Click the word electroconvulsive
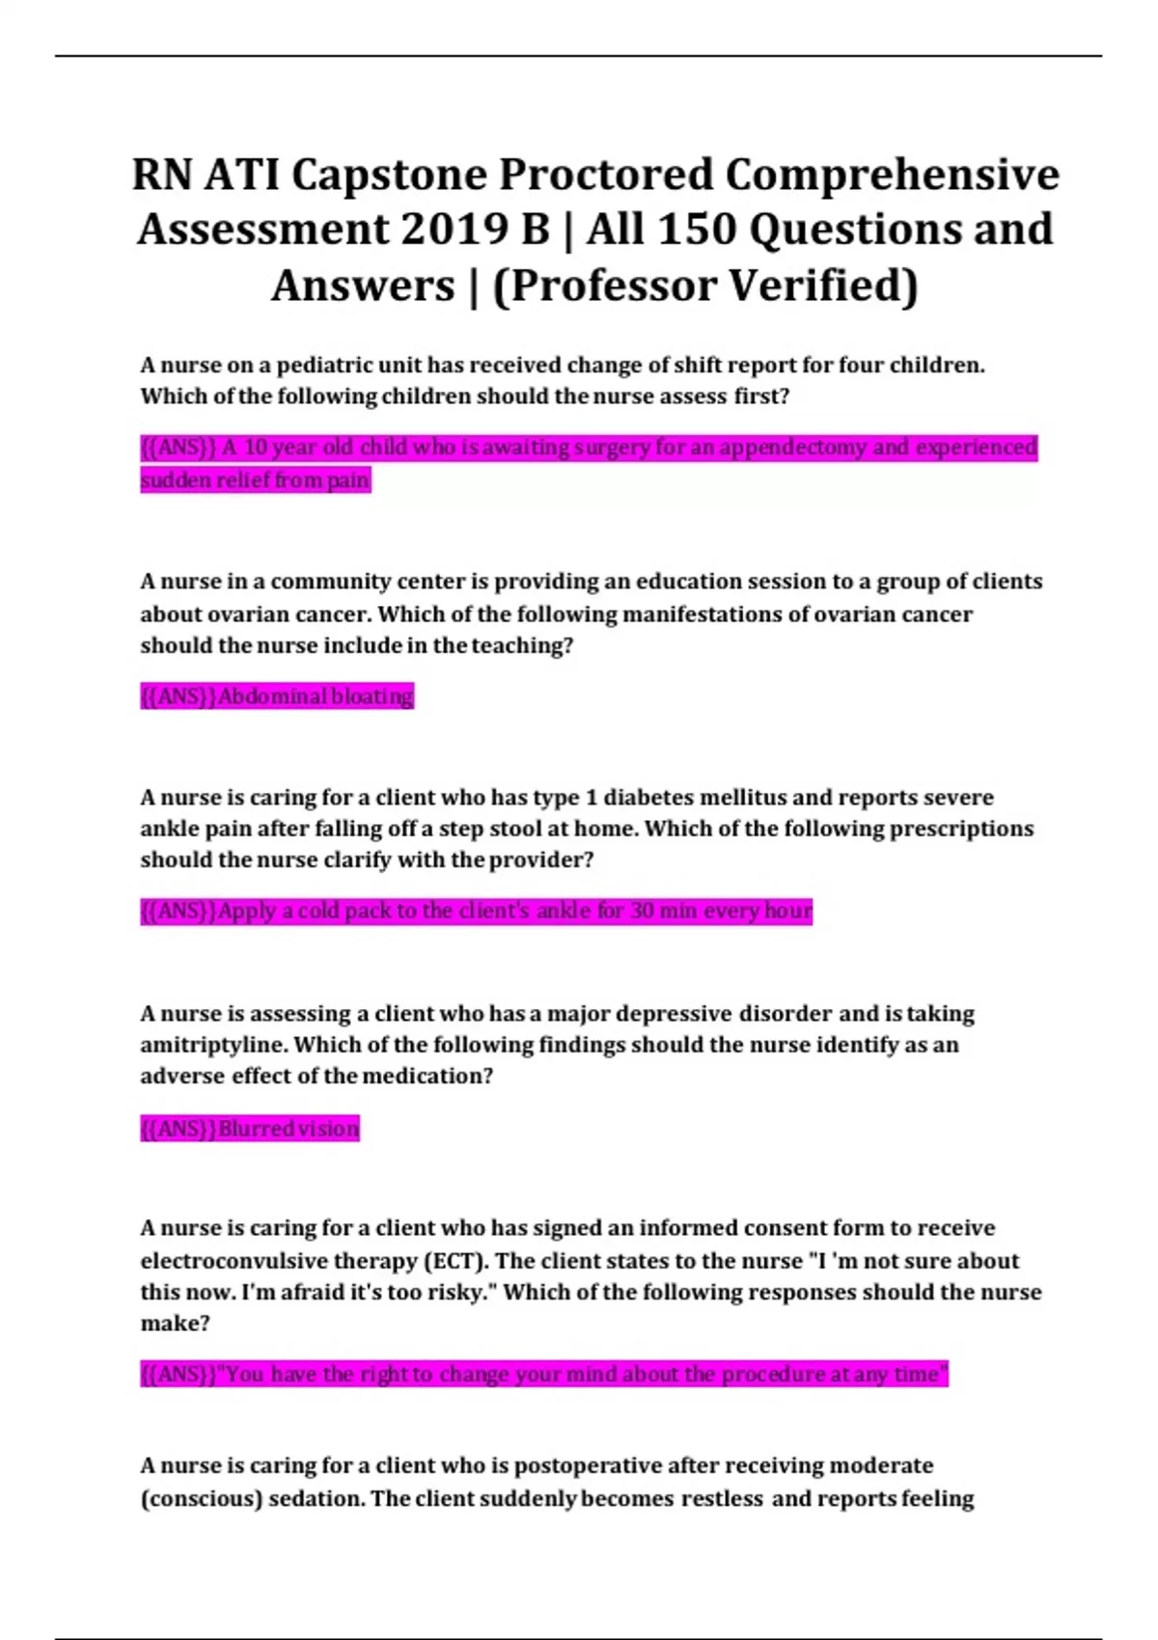click(234, 1261)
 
